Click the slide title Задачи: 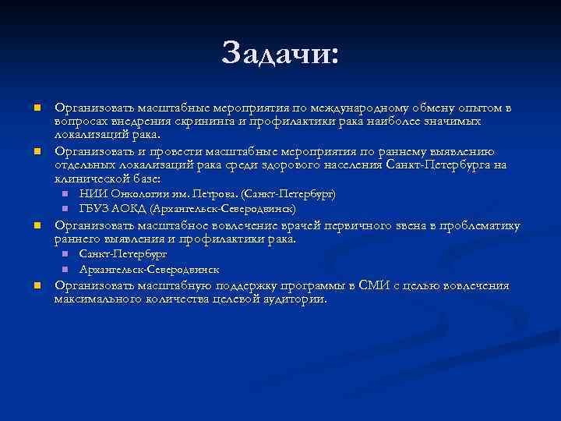(280, 55)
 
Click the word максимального (96, 299)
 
